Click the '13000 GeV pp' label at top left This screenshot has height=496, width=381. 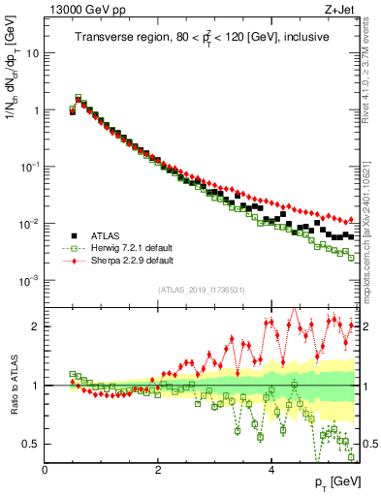point(80,11)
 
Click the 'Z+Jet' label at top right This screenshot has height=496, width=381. point(339,11)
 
